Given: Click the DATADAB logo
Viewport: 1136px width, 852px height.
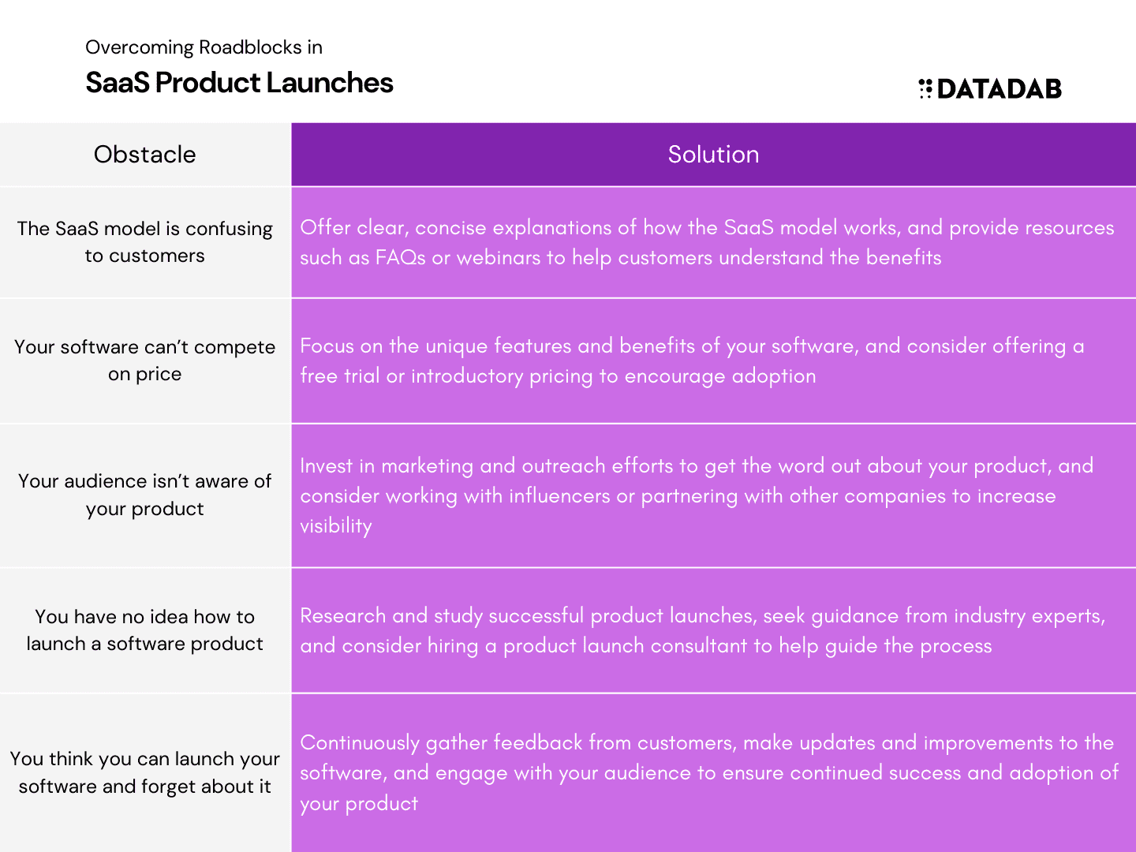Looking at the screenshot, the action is (x=989, y=88).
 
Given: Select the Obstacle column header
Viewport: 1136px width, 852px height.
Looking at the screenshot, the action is (x=145, y=154).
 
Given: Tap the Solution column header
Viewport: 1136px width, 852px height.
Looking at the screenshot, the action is (x=713, y=154).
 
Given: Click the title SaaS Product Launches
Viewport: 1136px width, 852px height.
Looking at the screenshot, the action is (x=239, y=83).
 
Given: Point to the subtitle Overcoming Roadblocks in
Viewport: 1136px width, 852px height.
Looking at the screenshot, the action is (x=204, y=47).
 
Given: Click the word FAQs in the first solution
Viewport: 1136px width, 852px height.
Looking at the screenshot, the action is (x=400, y=258).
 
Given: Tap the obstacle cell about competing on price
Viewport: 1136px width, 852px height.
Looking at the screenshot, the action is (x=145, y=360).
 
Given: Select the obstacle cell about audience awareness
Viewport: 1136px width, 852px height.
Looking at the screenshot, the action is (x=145, y=495).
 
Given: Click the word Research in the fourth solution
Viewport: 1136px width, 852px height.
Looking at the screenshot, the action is (x=342, y=616).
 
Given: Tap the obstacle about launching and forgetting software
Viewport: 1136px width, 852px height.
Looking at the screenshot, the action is (x=145, y=772).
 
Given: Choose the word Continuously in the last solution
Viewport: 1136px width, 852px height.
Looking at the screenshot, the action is (x=360, y=743).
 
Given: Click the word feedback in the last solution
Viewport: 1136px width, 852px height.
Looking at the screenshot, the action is (x=538, y=743).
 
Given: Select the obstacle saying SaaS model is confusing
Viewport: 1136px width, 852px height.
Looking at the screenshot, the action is (x=145, y=242).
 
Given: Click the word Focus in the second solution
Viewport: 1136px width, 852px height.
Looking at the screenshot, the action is (x=327, y=346).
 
